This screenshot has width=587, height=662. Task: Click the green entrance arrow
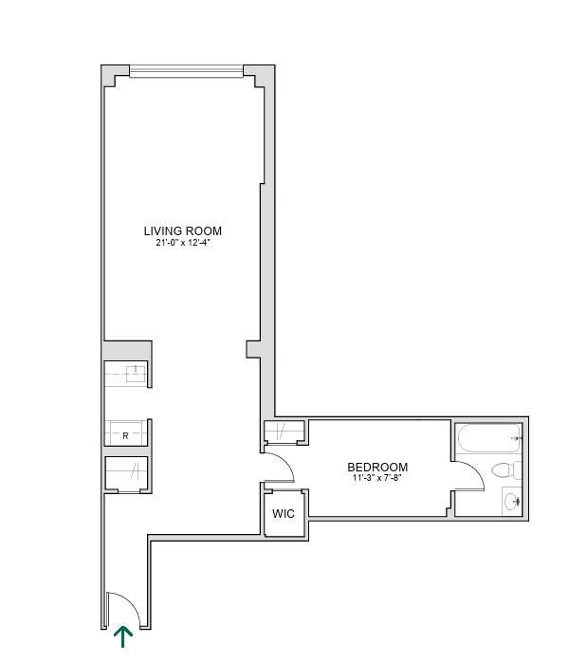pos(123,637)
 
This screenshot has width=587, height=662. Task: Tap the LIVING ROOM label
pos(183,230)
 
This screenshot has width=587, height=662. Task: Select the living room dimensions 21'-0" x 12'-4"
pos(183,243)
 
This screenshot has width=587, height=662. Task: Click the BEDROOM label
pos(377,467)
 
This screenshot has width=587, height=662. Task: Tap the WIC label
pos(284,514)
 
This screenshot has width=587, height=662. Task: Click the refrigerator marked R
pos(126,432)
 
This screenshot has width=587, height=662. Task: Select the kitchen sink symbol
pos(136,374)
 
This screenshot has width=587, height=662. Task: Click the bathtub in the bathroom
pos(489,439)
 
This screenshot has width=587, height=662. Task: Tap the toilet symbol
pos(506,470)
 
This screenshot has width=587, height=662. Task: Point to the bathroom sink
pos(512,502)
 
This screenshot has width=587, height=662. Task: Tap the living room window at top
pos(186,71)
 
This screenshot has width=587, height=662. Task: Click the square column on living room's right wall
pos(253,350)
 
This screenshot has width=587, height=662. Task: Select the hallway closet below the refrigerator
pos(126,472)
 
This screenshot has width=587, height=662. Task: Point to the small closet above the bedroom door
pos(284,431)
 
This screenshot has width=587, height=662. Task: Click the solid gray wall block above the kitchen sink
pos(127,350)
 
